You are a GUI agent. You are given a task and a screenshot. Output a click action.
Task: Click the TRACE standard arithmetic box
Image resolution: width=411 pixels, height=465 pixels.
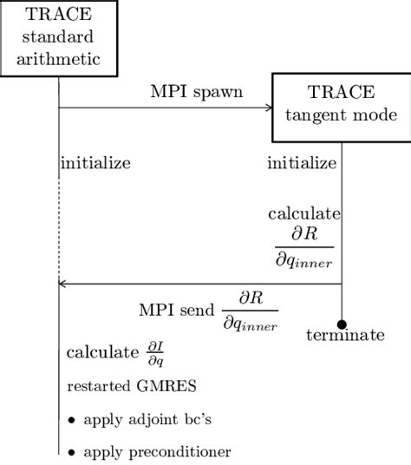(58, 39)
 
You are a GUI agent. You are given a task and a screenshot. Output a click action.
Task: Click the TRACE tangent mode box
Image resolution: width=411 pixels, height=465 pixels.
(342, 108)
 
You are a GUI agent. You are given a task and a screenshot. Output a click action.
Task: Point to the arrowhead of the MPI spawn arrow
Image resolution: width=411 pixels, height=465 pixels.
(269, 108)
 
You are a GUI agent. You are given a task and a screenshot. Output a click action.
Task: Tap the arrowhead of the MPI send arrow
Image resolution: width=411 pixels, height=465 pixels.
(62, 283)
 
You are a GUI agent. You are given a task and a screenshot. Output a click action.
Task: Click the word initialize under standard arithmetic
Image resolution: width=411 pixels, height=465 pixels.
(95, 162)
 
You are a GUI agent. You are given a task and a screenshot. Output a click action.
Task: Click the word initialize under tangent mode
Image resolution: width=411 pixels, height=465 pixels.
(302, 162)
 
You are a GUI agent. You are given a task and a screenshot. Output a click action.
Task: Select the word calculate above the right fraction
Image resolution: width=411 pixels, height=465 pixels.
(303, 213)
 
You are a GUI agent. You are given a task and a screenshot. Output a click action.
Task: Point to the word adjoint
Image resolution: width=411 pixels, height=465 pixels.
(143, 421)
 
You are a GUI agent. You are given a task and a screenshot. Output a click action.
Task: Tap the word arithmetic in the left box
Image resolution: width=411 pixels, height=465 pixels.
(58, 58)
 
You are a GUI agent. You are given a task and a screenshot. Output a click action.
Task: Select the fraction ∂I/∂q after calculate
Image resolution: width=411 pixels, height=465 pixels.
(154, 353)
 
